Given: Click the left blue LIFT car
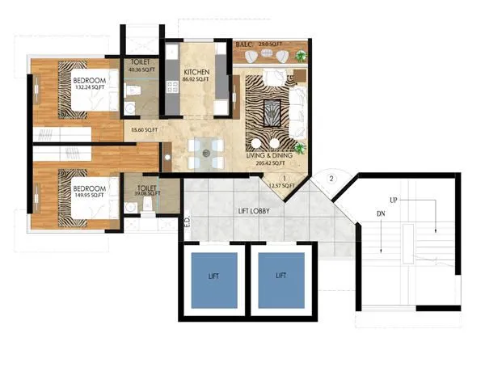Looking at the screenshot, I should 213,278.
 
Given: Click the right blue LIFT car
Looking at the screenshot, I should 280,278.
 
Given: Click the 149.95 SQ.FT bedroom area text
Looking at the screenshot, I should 86,194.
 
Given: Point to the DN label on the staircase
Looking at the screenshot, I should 380,214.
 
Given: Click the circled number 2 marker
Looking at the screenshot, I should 331,177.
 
